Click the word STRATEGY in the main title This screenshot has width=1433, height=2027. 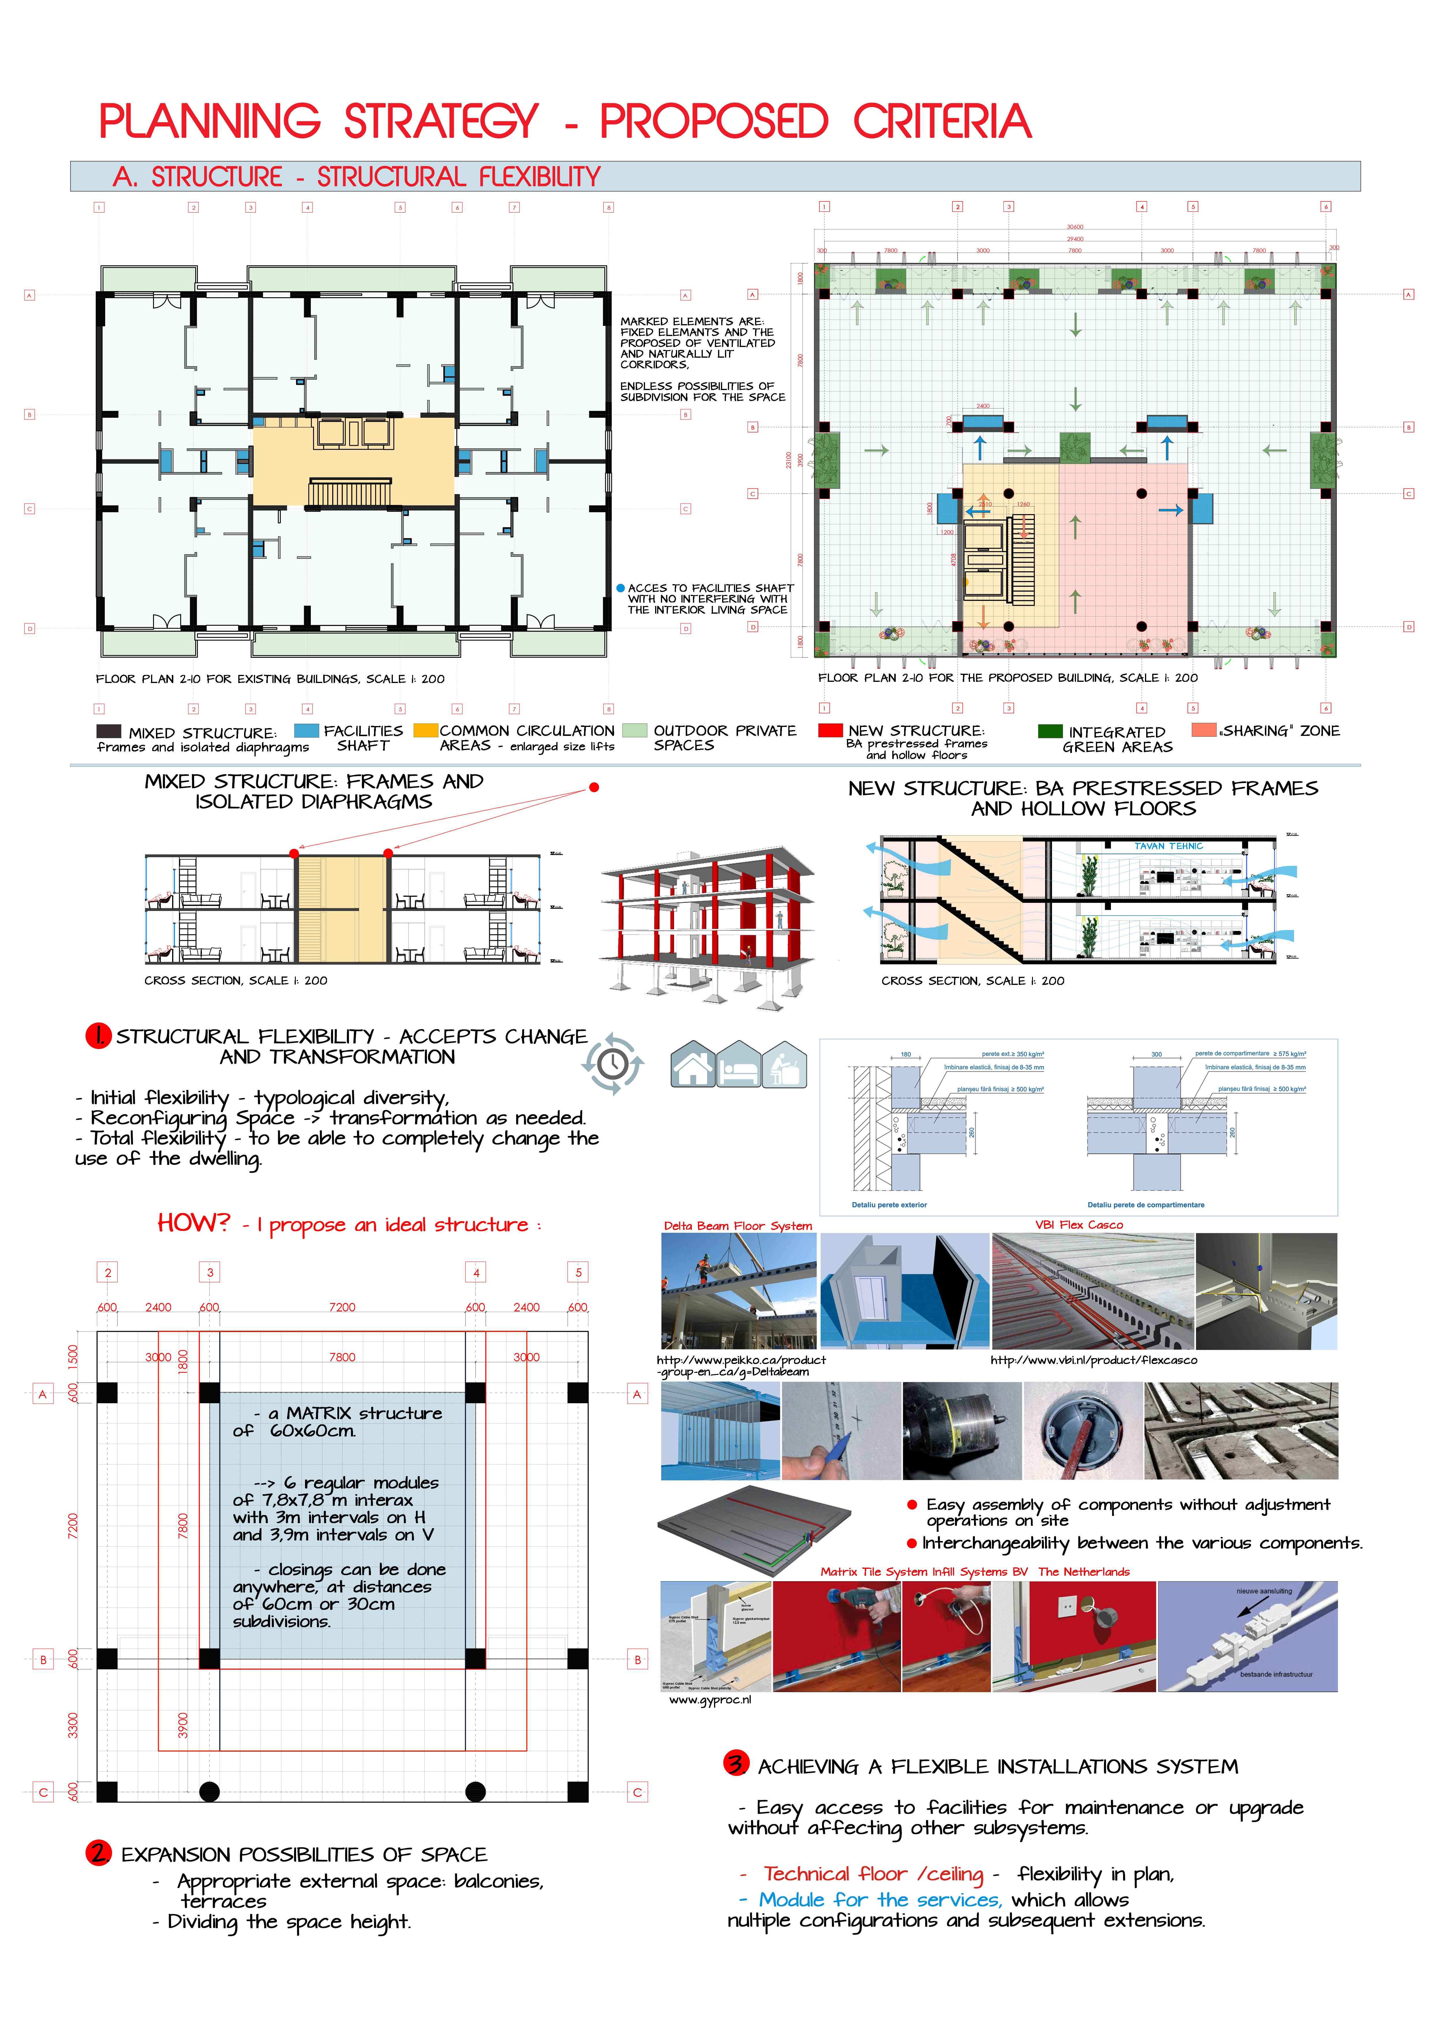coord(440,122)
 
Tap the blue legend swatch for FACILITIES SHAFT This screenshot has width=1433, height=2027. coord(306,730)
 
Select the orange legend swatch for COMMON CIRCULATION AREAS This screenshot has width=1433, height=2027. coord(425,730)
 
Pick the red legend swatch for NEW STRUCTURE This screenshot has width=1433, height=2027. coord(830,730)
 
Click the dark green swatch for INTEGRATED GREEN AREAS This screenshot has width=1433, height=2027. coord(1050,730)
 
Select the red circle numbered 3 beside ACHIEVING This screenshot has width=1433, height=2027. coord(735,1763)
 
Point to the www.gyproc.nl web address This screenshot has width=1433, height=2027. coord(710,1699)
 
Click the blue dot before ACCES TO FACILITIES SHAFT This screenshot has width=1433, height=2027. coord(621,588)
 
